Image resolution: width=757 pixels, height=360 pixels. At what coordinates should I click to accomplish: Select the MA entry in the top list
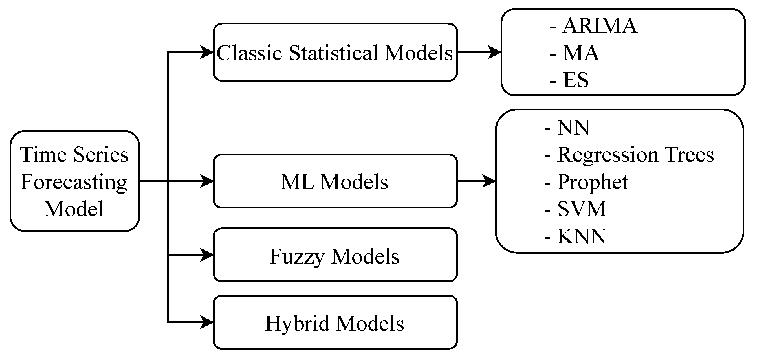pos(580,53)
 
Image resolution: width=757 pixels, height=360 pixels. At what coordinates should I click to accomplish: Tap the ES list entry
pos(575,80)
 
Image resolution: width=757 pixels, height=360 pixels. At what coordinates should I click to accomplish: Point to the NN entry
pos(573,128)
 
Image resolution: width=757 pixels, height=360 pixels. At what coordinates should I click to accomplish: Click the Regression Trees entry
pos(635,155)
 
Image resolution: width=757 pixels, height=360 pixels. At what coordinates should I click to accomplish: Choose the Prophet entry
pos(592,182)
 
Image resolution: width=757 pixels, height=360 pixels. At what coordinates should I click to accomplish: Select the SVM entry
pos(581,209)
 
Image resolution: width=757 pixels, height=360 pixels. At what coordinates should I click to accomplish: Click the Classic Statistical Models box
pos(335,52)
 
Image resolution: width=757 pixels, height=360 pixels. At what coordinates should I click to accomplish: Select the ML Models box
pos(335,181)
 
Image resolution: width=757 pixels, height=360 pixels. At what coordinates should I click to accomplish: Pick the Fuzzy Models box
pos(335,255)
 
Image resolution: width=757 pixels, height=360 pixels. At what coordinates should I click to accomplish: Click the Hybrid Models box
pos(335,323)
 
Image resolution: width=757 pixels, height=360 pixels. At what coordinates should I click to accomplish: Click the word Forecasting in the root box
pos(74,182)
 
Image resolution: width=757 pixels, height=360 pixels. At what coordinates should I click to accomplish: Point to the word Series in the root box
pos(101,155)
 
